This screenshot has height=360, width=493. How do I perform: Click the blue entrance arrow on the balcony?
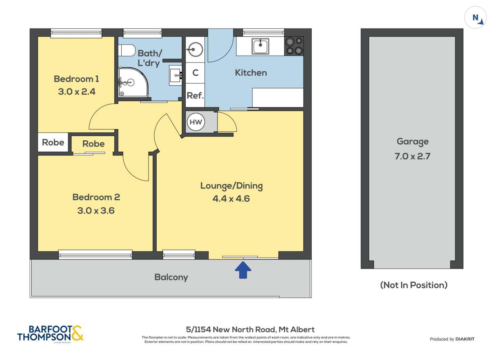tap(243, 271)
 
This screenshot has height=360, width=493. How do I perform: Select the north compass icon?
tap(476, 18)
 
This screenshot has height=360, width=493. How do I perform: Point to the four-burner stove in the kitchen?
tap(294, 46)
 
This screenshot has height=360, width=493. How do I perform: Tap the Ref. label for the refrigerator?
tap(195, 96)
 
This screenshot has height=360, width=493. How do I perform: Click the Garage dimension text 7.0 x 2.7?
tap(412, 156)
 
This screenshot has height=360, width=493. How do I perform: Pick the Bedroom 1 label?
tap(76, 79)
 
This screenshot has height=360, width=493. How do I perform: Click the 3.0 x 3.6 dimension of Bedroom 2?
tap(96, 211)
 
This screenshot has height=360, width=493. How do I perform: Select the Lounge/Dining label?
tap(231, 186)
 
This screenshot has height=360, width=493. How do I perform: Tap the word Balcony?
tap(171, 277)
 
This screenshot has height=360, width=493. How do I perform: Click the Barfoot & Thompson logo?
tap(50, 333)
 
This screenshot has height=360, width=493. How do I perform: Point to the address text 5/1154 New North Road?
tap(250, 329)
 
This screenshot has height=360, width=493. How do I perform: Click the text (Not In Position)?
tap(413, 285)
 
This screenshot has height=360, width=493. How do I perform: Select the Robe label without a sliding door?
tap(53, 142)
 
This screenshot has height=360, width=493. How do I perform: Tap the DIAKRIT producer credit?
tap(452, 339)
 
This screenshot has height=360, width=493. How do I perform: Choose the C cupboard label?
tap(195, 73)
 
